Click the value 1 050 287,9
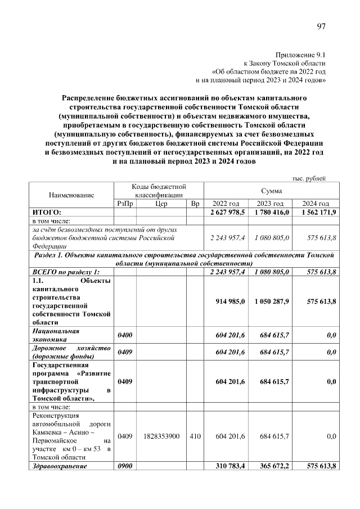271,301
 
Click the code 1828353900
161,436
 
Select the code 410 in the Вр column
195,436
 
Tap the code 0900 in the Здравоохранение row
124,466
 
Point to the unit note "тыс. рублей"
308,178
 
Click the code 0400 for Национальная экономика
124,336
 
